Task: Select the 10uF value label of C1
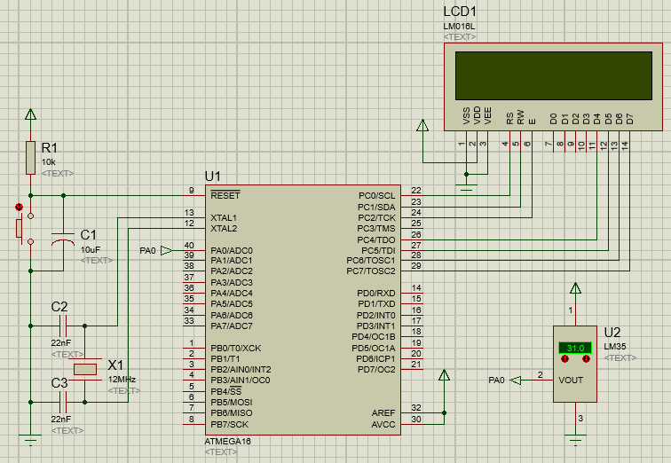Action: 91,250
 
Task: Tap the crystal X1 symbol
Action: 85,369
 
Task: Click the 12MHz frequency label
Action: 122,379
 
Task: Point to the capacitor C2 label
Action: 59,306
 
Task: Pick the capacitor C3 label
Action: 59,383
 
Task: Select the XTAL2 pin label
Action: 224,228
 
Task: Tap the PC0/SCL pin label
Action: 376,195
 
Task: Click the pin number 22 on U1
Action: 416,191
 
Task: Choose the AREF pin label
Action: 383,412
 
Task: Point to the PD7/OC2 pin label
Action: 375,369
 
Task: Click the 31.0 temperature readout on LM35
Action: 574,348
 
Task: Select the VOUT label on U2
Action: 572,380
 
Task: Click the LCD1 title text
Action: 460,12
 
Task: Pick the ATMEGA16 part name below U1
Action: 227,441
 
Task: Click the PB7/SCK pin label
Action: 230,424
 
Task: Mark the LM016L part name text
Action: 459,26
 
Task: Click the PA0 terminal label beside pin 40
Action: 147,251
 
